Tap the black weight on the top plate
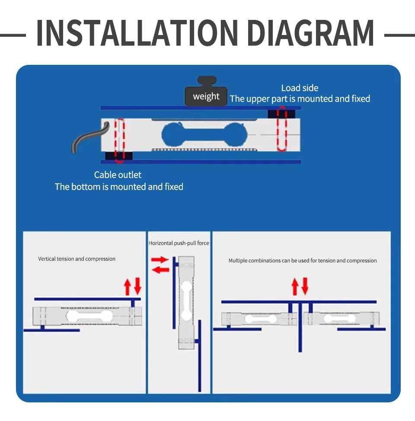[x=206, y=91]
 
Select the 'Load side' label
[x=300, y=88]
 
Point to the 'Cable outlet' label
[x=118, y=175]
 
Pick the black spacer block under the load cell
[x=119, y=156]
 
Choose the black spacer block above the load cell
[x=281, y=114]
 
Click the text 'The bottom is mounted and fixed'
[x=119, y=187]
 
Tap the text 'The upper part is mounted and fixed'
[x=300, y=99]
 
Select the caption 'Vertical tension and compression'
[x=77, y=259]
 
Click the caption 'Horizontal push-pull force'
[x=179, y=243]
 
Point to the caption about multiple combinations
[x=303, y=261]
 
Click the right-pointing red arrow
[x=160, y=260]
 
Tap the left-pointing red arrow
[x=160, y=270]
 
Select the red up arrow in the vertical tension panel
[x=128, y=287]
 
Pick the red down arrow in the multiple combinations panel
[x=305, y=286]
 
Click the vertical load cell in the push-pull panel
[x=186, y=303]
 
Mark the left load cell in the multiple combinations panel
[x=259, y=319]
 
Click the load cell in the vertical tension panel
[x=87, y=316]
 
